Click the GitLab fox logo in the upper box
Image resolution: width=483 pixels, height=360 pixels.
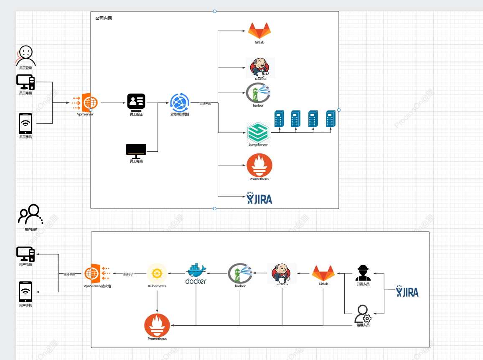(x=259, y=31)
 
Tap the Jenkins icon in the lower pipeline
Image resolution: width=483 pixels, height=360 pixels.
(x=282, y=273)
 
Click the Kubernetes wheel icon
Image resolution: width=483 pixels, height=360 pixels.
(x=157, y=273)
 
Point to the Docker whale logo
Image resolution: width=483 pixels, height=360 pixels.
(x=196, y=274)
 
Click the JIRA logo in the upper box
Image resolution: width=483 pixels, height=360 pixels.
(x=259, y=198)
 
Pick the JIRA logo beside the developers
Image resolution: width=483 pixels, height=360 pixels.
(x=407, y=291)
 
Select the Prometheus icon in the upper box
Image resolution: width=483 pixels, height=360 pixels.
(x=259, y=165)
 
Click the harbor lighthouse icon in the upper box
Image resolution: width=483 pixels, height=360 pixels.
(x=258, y=93)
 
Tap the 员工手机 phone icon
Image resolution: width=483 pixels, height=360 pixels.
(x=26, y=124)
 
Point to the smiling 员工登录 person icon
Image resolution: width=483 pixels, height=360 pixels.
(x=26, y=56)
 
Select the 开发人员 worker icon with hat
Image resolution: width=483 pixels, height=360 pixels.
(x=363, y=273)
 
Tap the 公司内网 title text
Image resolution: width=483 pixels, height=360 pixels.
(x=103, y=18)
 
